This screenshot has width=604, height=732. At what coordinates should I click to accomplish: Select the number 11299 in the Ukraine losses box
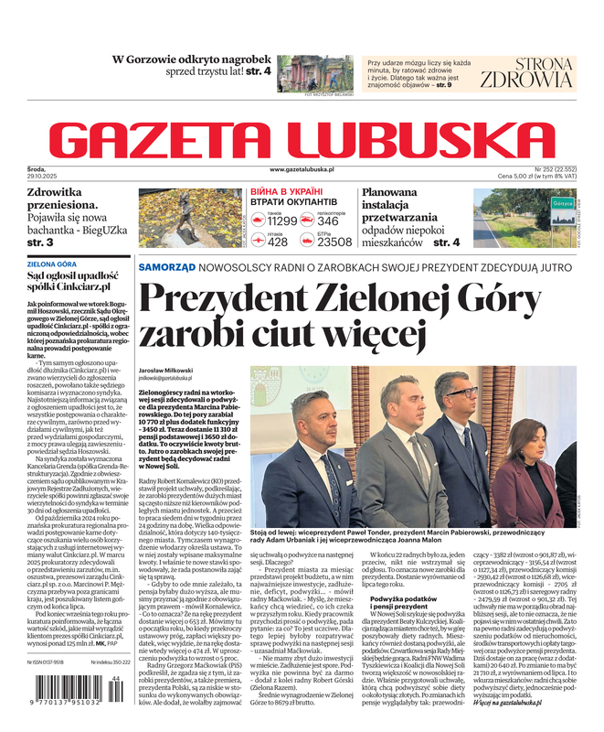(x=281, y=221)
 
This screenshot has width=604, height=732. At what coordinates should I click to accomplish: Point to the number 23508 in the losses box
(x=334, y=242)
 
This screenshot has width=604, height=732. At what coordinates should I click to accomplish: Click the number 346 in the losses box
(x=328, y=221)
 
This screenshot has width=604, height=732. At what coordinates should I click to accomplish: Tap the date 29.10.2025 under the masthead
(x=42, y=176)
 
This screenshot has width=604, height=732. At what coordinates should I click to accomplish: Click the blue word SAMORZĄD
(x=166, y=266)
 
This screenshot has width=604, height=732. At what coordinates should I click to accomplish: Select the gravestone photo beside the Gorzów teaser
(x=315, y=72)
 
